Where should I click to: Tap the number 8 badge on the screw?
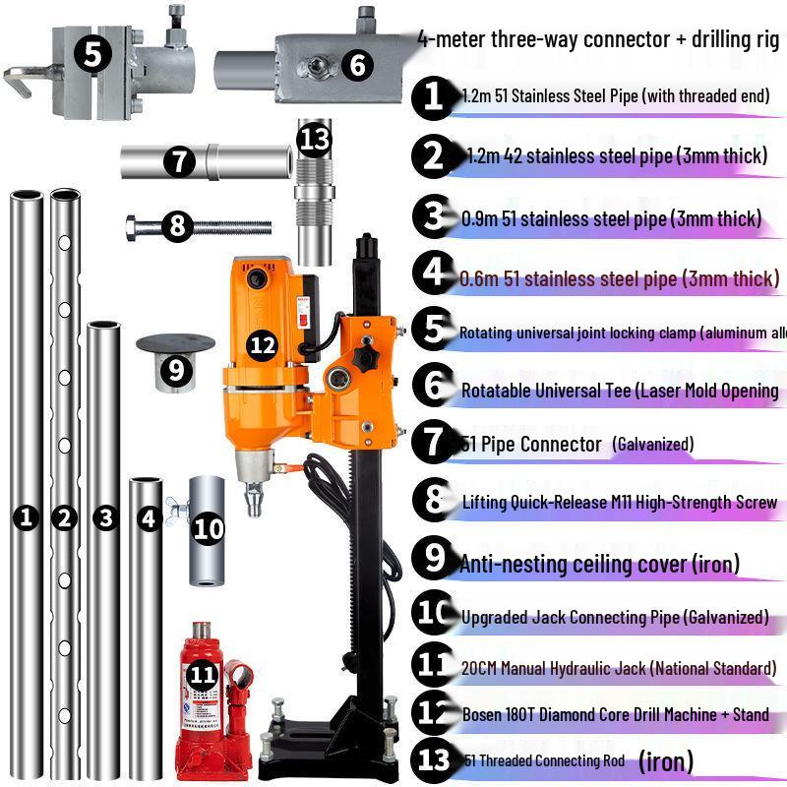pyautogui.click(x=177, y=227)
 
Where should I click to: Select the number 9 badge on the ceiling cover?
pyautogui.click(x=176, y=370)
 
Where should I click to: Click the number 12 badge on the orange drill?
pyautogui.click(x=263, y=344)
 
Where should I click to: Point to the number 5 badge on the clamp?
pyautogui.click(x=91, y=54)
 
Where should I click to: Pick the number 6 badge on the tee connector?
pyautogui.click(x=356, y=66)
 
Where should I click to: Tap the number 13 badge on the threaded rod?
pyautogui.click(x=315, y=140)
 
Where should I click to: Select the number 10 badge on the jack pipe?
pyautogui.click(x=209, y=529)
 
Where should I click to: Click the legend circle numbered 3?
pyautogui.click(x=434, y=216)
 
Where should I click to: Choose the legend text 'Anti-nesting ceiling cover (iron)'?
pyautogui.click(x=599, y=564)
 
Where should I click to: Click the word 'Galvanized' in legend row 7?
pyautogui.click(x=652, y=445)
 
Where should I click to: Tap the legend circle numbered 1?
pyautogui.click(x=434, y=95)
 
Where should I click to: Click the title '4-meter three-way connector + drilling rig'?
pyautogui.click(x=599, y=39)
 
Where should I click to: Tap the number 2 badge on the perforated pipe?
pyautogui.click(x=64, y=517)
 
